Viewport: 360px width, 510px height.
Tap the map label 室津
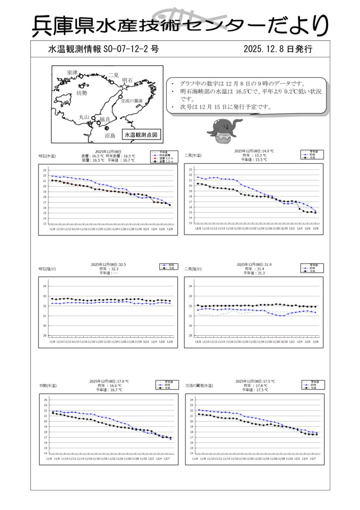[72, 73]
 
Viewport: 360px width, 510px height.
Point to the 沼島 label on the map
[110, 135]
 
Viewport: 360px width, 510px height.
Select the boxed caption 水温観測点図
[141, 134]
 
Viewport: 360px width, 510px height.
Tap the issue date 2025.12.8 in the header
[264, 49]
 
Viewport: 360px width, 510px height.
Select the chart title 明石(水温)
[48, 156]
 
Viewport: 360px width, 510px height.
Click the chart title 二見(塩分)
[193, 269]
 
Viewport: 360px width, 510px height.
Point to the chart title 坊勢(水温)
[48, 385]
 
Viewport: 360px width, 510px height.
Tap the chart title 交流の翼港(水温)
[199, 385]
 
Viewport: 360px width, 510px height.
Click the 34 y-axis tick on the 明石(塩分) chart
[44, 286]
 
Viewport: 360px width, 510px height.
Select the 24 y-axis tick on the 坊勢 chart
[45, 400]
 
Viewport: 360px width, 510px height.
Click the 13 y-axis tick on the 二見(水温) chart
[190, 224]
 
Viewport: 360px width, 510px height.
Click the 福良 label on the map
[105, 119]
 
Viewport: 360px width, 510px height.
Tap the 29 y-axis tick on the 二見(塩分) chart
[190, 336]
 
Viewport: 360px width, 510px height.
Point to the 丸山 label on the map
[84, 117]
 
